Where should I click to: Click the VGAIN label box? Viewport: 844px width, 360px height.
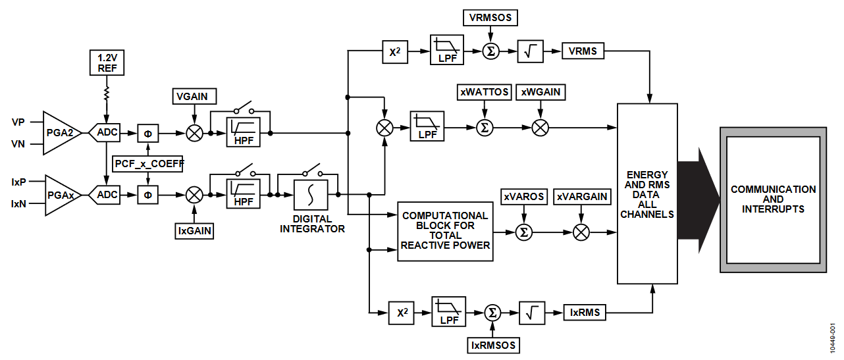tap(192, 97)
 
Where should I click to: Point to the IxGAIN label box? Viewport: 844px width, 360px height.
tap(194, 231)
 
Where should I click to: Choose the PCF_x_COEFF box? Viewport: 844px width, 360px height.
tap(148, 163)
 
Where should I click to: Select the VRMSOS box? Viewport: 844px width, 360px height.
tap(490, 18)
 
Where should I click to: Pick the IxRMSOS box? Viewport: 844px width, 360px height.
tap(493, 344)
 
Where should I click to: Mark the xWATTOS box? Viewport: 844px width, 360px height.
tap(483, 92)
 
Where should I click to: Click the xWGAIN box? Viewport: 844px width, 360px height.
tap(541, 92)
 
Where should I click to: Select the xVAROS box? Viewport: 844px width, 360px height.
tap(524, 197)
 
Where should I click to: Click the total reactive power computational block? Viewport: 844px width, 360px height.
tap(445, 231)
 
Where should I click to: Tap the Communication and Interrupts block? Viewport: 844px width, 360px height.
tap(773, 199)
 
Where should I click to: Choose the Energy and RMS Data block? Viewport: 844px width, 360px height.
tap(646, 195)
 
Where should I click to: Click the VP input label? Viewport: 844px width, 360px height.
tap(18, 122)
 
